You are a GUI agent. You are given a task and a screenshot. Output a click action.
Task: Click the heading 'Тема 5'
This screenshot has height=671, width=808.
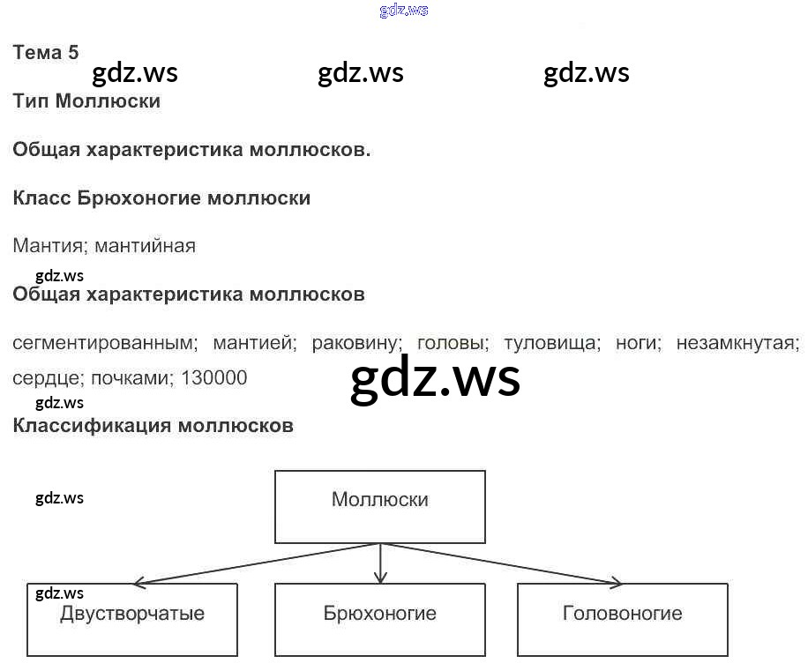pos(46,52)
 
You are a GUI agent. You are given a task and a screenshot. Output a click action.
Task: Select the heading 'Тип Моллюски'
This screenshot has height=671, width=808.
pos(86,101)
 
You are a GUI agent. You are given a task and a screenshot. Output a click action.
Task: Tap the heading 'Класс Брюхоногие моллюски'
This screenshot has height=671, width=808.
pos(161,198)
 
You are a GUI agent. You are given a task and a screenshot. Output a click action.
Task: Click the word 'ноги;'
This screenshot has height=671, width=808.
pos(638,342)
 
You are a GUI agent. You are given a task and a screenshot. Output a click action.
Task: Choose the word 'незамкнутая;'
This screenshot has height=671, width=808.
pos(738,342)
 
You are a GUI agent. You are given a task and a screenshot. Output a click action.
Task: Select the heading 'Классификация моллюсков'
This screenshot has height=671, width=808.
pos(153,426)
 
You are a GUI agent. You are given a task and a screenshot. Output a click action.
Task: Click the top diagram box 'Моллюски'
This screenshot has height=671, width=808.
pos(380,506)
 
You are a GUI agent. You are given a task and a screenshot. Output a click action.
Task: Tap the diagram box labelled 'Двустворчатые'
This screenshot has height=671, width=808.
pos(132,619)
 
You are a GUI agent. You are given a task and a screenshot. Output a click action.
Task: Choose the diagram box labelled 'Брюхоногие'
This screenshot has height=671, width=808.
pos(380,619)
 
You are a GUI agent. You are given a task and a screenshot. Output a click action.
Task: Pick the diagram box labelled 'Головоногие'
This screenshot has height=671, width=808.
pos(623,619)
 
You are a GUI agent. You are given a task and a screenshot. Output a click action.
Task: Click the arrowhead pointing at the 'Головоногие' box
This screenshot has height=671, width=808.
pos(615,582)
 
